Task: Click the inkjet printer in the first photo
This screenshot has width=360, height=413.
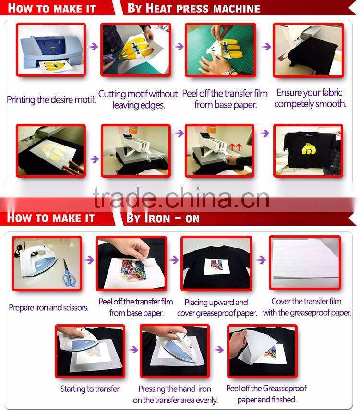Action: (x=46, y=48)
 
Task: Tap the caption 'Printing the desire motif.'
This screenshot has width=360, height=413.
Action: (x=51, y=100)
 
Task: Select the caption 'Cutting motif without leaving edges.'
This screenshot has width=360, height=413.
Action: (x=138, y=99)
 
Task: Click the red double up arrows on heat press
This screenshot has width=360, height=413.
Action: (x=235, y=147)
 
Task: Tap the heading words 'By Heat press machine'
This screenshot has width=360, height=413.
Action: (x=193, y=8)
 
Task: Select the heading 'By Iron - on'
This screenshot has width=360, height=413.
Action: (x=163, y=218)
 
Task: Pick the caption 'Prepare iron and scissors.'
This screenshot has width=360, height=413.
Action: (x=48, y=307)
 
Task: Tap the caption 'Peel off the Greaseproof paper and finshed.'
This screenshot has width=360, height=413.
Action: (x=266, y=394)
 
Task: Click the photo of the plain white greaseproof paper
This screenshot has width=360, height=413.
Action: (x=305, y=263)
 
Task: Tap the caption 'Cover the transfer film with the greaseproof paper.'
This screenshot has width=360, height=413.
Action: (x=307, y=307)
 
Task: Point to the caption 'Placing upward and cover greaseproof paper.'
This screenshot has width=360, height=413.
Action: (x=216, y=308)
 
